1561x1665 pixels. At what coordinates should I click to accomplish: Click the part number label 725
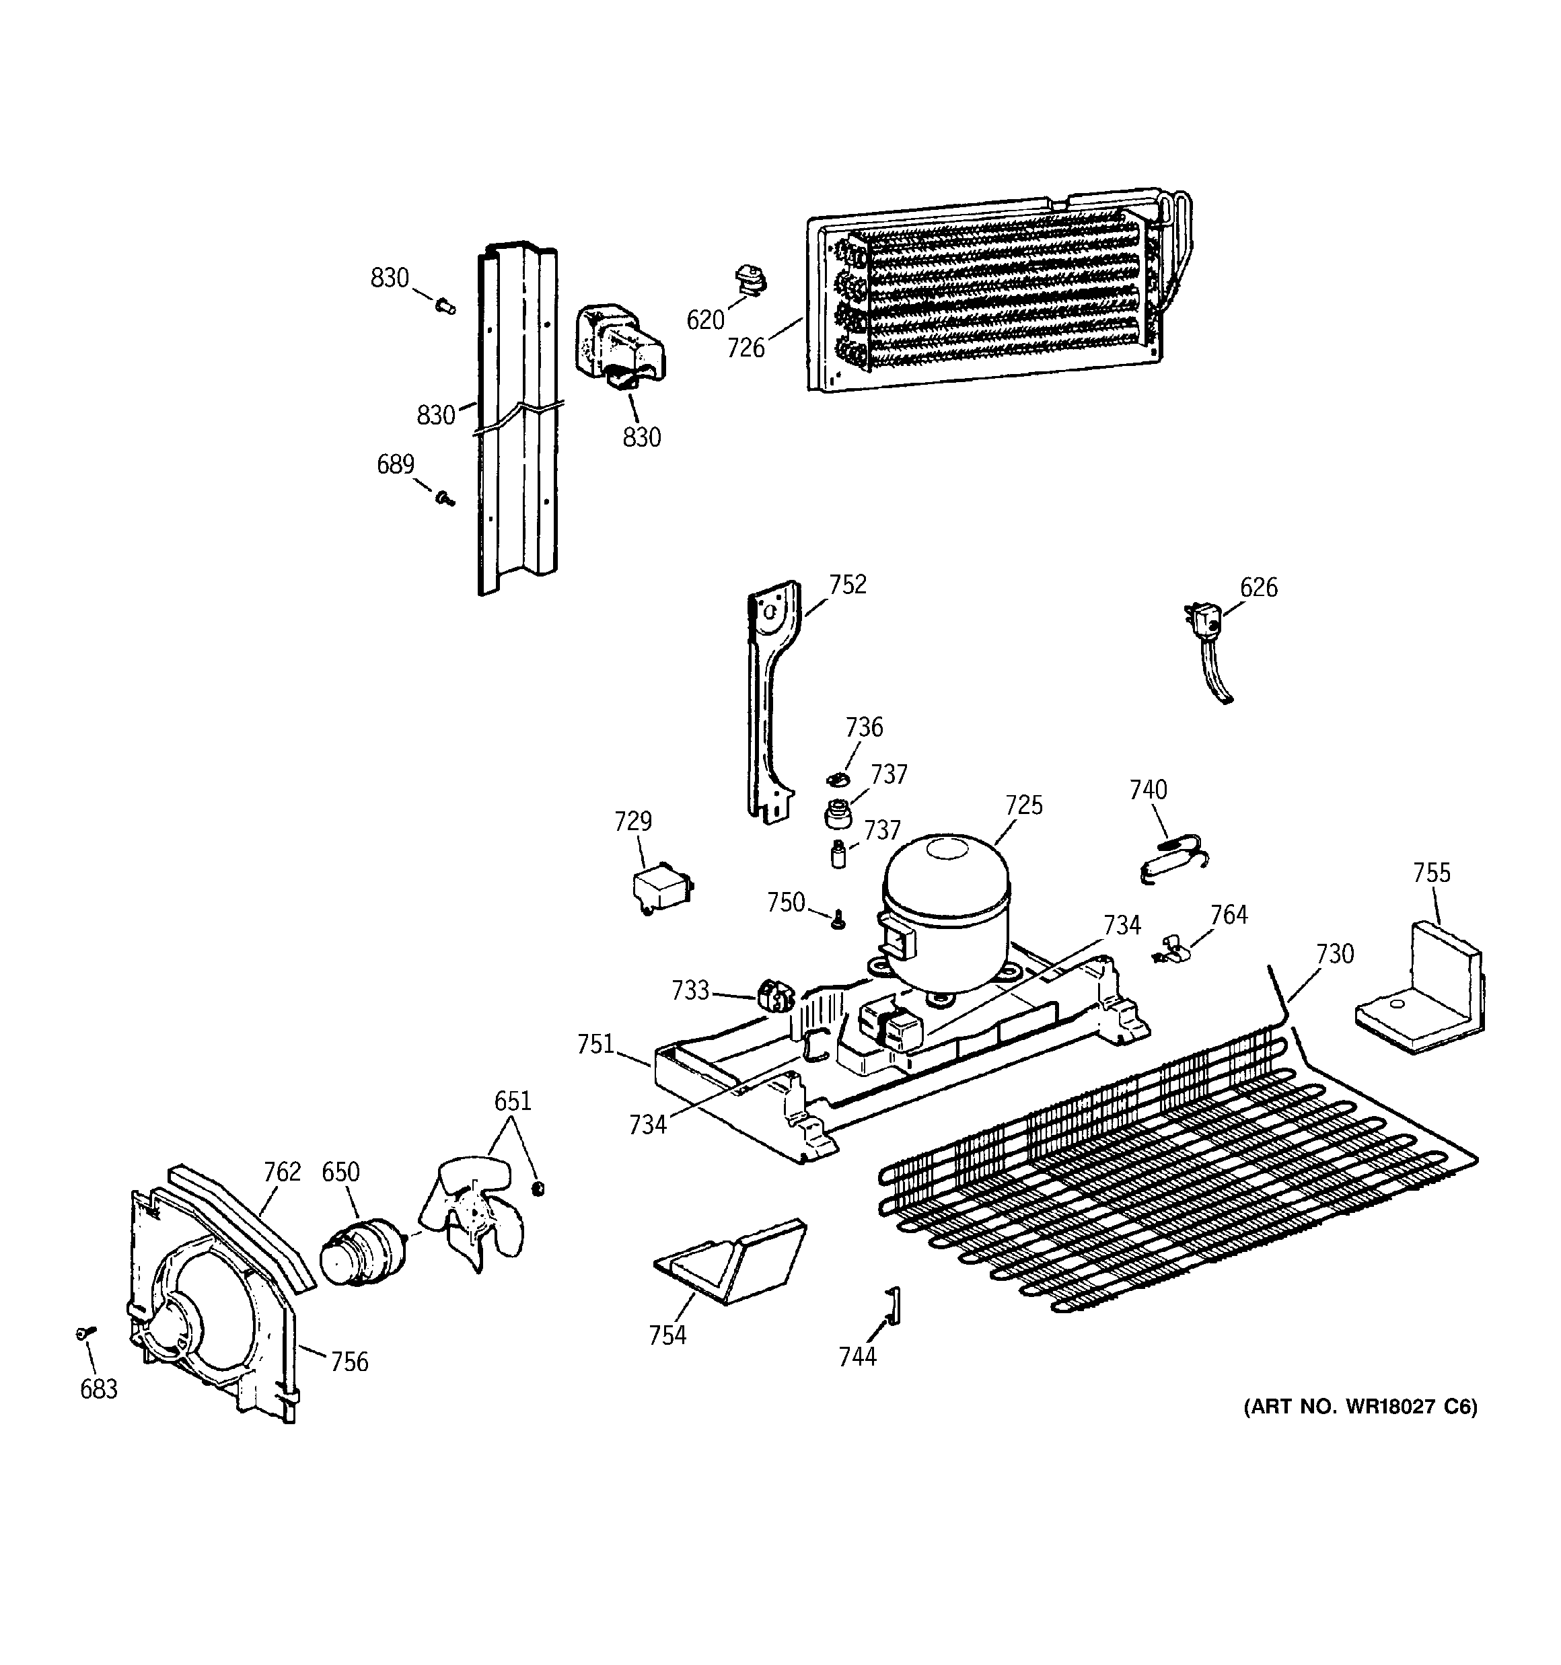pyautogui.click(x=1024, y=805)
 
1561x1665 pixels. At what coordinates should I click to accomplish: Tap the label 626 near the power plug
pyautogui.click(x=1258, y=587)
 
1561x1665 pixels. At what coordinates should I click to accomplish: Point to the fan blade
pyautogui.click(x=474, y=1210)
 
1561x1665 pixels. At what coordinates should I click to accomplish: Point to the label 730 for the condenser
pyautogui.click(x=1334, y=954)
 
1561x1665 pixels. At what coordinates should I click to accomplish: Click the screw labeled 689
pyautogui.click(x=444, y=499)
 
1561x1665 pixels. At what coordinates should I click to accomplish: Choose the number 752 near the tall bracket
pyautogui.click(x=847, y=585)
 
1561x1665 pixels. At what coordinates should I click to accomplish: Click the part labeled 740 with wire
pyautogui.click(x=1173, y=862)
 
